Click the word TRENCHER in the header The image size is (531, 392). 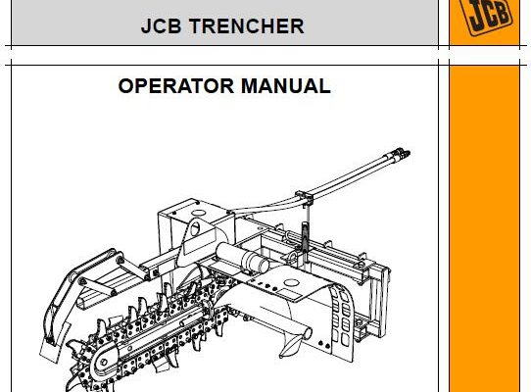click(x=247, y=26)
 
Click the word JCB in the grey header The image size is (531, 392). click(x=162, y=26)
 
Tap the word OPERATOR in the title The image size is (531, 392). click(x=176, y=85)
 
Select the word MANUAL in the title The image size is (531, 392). click(x=286, y=85)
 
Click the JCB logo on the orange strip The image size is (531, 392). click(x=486, y=15)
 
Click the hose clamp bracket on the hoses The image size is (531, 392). click(x=304, y=197)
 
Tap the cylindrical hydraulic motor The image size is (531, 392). click(x=242, y=257)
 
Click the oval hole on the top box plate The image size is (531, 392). click(x=199, y=214)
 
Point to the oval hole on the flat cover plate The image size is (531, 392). click(x=291, y=282)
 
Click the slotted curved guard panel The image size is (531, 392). click(x=342, y=317)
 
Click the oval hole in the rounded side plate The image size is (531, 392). click(x=195, y=229)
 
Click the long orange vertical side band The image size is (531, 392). click(x=484, y=229)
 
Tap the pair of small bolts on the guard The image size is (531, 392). click(x=324, y=345)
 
